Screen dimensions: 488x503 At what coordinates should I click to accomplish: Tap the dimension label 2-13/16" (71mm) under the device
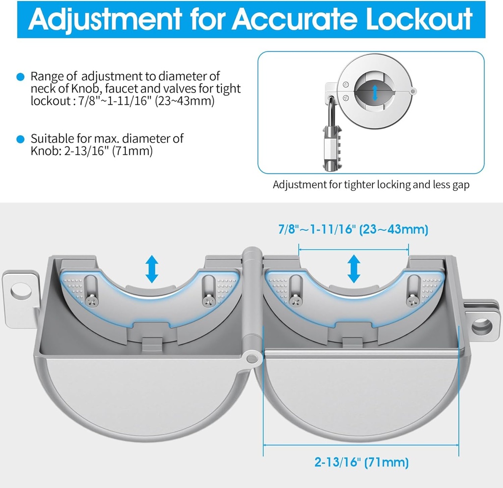(x=362, y=462)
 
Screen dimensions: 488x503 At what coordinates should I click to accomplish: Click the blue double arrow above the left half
(x=152, y=268)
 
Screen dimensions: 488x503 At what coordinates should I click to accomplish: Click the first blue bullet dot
(x=20, y=77)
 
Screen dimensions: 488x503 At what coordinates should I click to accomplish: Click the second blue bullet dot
(x=20, y=139)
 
